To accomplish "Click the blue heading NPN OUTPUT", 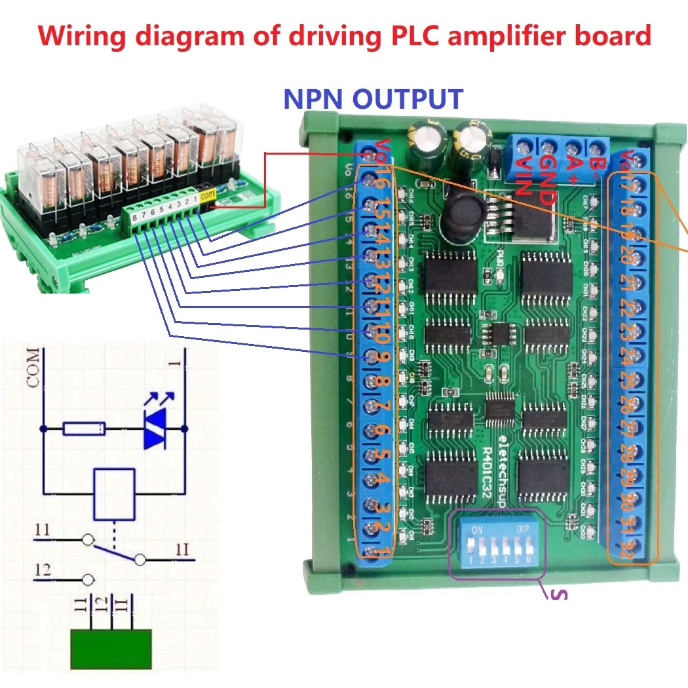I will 373,99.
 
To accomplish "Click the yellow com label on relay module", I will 208,195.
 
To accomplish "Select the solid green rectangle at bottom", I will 111,649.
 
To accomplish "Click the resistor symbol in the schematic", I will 84,429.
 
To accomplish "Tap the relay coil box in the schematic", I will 115,492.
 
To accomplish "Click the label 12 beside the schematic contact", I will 43,571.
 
